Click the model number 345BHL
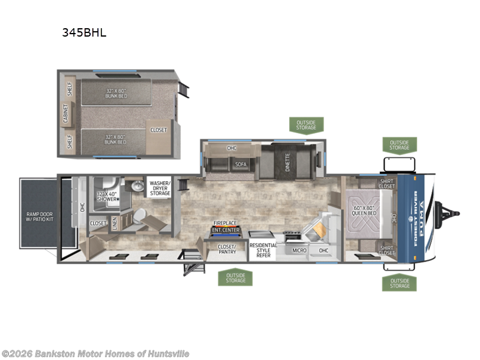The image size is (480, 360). pyautogui.click(x=84, y=33)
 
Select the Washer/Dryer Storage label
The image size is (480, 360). pyautogui.click(x=160, y=187)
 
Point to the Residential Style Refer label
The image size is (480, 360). pyautogui.click(x=263, y=250)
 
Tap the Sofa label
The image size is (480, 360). pyautogui.click(x=240, y=164)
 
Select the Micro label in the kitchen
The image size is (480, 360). pyautogui.click(x=299, y=250)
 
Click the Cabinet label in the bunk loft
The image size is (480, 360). pyautogui.click(x=66, y=113)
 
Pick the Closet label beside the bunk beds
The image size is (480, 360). pyautogui.click(x=159, y=130)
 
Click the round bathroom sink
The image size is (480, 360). pyautogui.click(x=137, y=187)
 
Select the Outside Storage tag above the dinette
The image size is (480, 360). pyautogui.click(x=305, y=125)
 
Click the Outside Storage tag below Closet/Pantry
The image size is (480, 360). pyautogui.click(x=236, y=277)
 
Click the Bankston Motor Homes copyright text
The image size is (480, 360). pyautogui.click(x=95, y=353)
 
